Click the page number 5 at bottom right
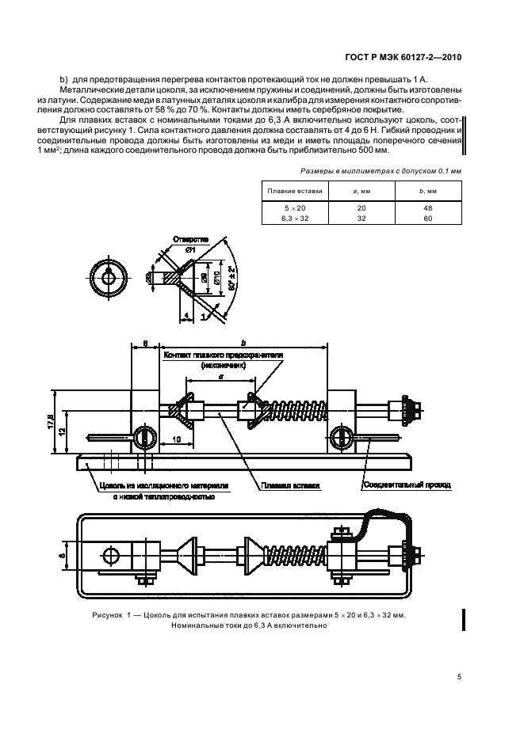click(x=459, y=676)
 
